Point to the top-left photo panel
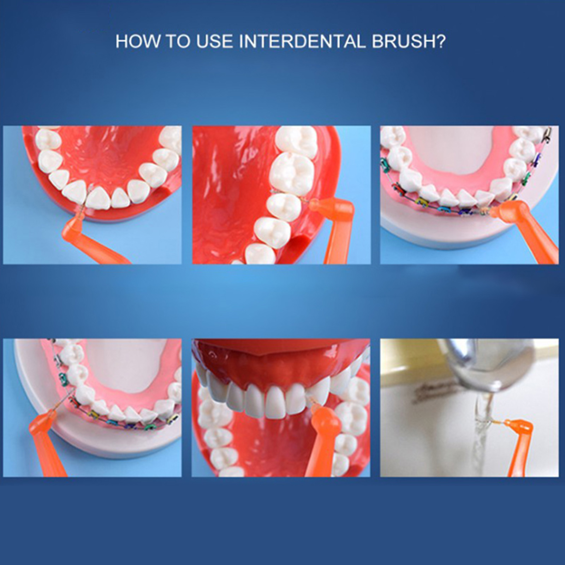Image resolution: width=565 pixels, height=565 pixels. [x=93, y=195]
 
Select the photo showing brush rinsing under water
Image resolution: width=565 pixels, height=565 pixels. [x=469, y=408]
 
